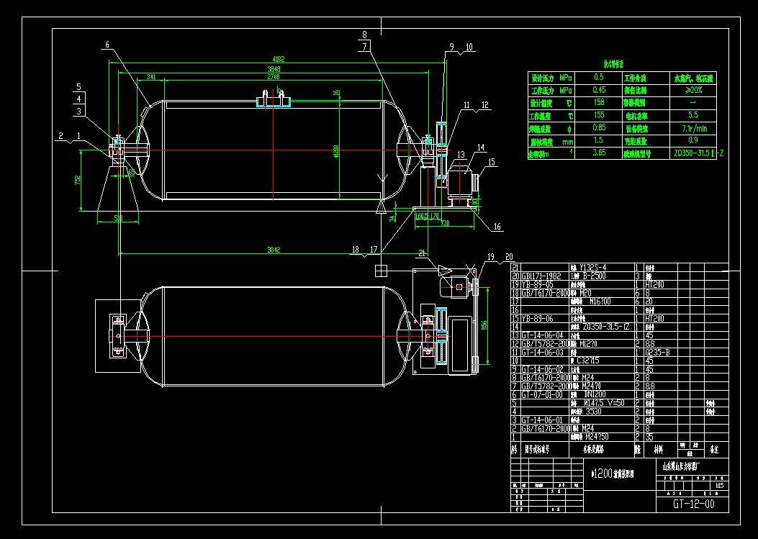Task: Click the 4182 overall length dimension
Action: (x=277, y=59)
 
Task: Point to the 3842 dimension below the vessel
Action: (x=274, y=250)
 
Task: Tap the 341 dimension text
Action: (x=150, y=76)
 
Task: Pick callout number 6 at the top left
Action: (x=107, y=45)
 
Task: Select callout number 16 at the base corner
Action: (x=497, y=227)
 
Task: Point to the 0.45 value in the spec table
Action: (x=598, y=91)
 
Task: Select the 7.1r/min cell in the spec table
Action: (x=693, y=128)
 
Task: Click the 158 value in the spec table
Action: (x=598, y=103)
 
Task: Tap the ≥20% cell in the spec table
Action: (x=692, y=91)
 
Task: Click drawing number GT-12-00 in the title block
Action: (x=694, y=504)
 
